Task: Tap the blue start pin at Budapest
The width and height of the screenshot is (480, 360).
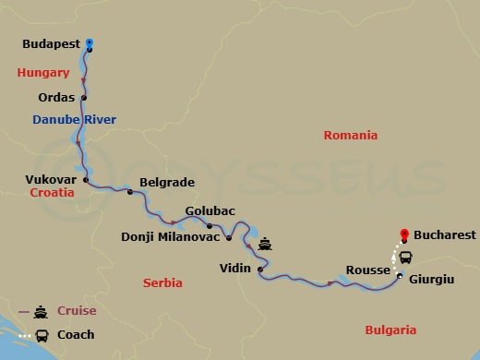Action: point(90,42)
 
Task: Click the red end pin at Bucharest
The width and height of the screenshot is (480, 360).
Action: point(402,234)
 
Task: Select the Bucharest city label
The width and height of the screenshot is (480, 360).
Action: point(445,235)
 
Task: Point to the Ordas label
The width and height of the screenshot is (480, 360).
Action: point(57,97)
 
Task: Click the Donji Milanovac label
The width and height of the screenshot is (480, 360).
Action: point(171,236)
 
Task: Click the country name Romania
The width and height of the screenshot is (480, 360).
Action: point(350,135)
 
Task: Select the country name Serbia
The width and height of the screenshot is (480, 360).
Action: point(162,282)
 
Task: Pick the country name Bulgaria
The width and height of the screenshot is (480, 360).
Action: point(390,330)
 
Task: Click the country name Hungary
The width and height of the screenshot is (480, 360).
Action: point(43,73)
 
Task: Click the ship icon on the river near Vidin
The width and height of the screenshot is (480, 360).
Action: point(265,246)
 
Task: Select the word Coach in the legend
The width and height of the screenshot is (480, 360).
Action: point(76,334)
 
